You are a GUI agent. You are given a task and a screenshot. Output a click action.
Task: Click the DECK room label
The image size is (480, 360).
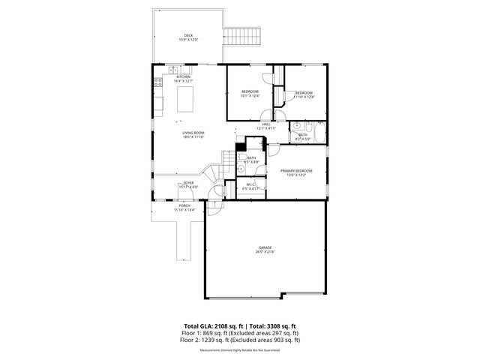coord(189,37)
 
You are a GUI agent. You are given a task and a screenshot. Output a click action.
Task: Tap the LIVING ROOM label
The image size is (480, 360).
coord(193,135)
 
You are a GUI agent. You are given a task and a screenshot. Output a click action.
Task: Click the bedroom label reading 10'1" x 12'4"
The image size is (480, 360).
coord(249,94)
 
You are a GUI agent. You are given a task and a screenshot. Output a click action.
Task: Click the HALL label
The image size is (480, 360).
coord(266,126)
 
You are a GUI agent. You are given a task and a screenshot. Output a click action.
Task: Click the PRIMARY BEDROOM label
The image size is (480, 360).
coord(296,172)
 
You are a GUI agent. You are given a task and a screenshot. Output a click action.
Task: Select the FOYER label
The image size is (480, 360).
coord(188,184)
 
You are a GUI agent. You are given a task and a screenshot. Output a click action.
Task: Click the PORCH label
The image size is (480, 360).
coord(183,208)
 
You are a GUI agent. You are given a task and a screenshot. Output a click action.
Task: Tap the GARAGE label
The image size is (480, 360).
coord(264,250)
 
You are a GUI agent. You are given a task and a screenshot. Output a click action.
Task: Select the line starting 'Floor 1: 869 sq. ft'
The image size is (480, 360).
coord(240,333)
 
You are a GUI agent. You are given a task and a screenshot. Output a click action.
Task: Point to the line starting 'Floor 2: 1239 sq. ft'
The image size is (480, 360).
coord(240,340)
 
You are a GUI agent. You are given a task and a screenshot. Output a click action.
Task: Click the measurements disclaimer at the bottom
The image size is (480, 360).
coord(239,349)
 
